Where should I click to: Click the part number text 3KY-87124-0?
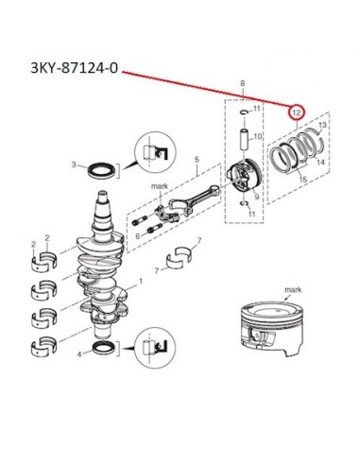(75, 68)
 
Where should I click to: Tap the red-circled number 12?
(297, 112)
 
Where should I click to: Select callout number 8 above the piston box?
(242, 83)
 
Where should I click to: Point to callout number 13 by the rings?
(322, 126)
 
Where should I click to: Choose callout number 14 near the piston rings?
(320, 163)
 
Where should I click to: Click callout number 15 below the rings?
(303, 180)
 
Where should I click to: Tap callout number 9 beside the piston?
(257, 197)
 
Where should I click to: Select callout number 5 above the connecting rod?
(197, 160)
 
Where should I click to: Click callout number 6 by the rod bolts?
(138, 236)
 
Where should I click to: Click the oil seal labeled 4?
(104, 348)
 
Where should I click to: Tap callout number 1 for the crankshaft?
(141, 281)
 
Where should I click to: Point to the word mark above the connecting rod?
(160, 186)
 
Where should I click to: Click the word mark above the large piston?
(293, 289)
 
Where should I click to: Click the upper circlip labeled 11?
(244, 112)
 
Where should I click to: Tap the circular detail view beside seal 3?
(155, 151)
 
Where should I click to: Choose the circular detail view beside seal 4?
(155, 348)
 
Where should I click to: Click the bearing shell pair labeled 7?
(179, 259)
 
